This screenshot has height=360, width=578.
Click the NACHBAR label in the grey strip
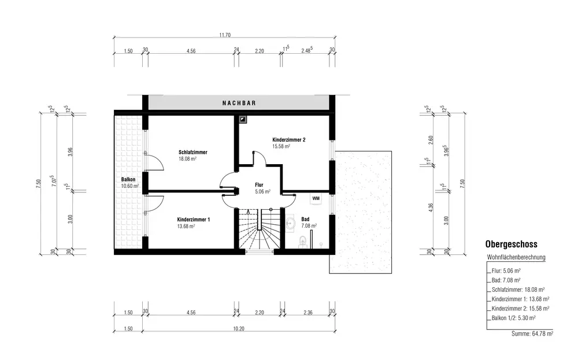239,103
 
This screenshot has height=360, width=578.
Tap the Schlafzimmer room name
193,152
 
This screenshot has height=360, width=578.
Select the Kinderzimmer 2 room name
288,140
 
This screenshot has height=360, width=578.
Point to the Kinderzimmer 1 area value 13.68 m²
186,227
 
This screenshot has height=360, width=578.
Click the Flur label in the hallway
259,185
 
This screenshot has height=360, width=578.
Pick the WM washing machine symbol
316,199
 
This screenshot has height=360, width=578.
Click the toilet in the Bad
303,240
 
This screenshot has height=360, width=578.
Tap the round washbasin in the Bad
291,223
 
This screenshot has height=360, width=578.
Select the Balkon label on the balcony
128,180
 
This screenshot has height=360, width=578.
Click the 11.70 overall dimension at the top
225,35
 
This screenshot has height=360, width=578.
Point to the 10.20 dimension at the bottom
239,329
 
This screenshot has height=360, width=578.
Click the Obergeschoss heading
512,244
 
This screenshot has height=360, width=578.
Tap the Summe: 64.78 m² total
532,334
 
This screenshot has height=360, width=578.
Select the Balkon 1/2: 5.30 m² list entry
513,318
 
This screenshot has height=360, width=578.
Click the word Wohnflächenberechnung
516,257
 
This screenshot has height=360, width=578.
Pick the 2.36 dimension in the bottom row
308,313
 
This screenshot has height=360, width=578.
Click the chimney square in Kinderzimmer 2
243,120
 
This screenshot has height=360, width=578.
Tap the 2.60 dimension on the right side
431,140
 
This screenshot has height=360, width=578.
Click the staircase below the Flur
260,229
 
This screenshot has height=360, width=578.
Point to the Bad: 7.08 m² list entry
506,280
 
